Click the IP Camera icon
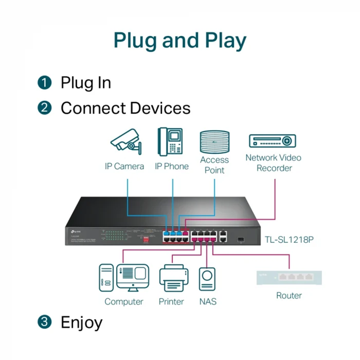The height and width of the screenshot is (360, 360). click(x=126, y=141)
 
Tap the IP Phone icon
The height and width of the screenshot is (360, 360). click(x=171, y=142)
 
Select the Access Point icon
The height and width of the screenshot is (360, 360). click(x=214, y=142)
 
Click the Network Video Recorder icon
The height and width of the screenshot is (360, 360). click(x=272, y=141)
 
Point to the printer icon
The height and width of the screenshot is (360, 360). click(x=174, y=278)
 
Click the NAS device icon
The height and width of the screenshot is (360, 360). click(x=207, y=279)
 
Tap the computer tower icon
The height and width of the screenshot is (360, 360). click(x=106, y=278)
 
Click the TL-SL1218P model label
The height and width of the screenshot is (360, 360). click(x=289, y=240)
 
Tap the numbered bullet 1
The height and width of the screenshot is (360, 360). click(x=45, y=83)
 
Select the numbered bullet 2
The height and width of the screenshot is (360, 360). click(x=45, y=108)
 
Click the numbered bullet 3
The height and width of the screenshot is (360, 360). click(x=45, y=322)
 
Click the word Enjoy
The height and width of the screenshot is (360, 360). click(x=82, y=323)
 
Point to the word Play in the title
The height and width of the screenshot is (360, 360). click(x=226, y=41)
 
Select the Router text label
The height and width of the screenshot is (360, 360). click(x=289, y=296)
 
